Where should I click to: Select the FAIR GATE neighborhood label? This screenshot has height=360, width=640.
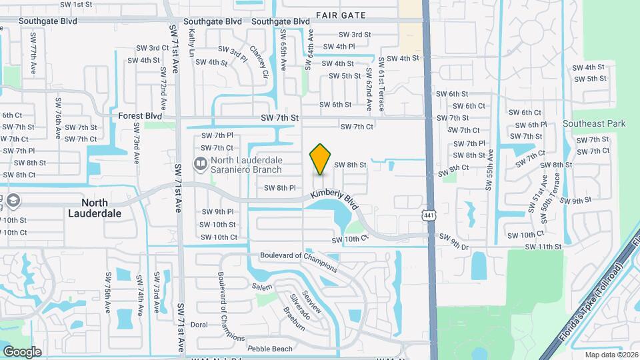click(341, 14)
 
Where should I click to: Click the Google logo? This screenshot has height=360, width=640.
click(22, 351)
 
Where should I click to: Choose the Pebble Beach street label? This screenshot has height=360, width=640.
click(269, 349)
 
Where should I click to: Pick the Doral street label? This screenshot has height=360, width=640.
click(199, 325)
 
